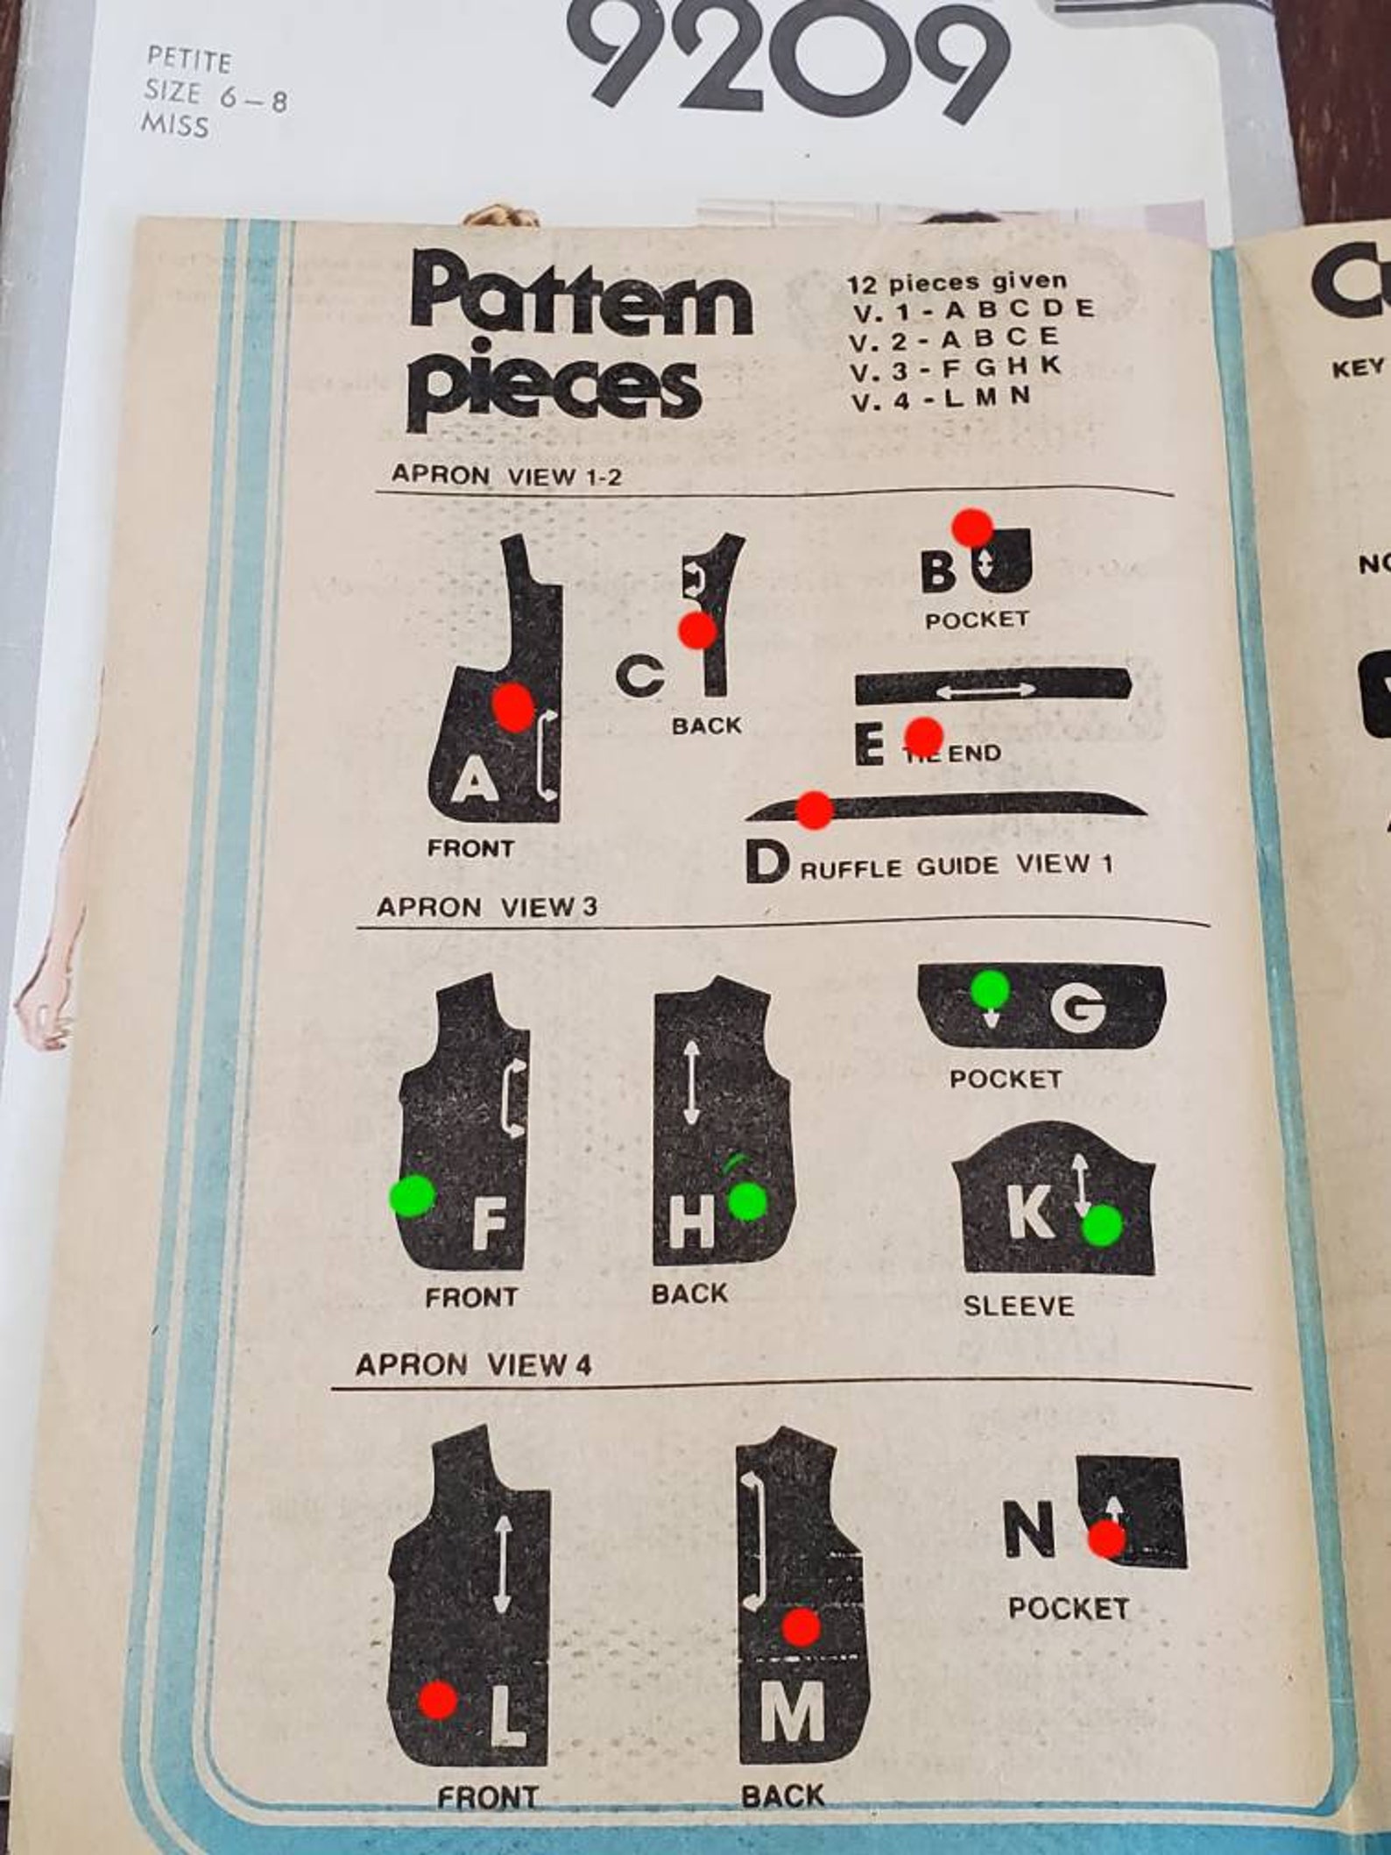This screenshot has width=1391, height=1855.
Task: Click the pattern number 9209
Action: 793,57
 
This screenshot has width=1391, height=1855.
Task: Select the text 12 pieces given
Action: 957,282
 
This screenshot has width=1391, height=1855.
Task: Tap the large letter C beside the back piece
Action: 639,676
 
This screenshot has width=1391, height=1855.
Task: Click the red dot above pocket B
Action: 972,527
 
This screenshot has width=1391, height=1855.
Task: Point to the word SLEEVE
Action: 1018,1306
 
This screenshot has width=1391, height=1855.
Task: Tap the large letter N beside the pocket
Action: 1028,1530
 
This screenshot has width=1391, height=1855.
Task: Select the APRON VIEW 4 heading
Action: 473,1364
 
